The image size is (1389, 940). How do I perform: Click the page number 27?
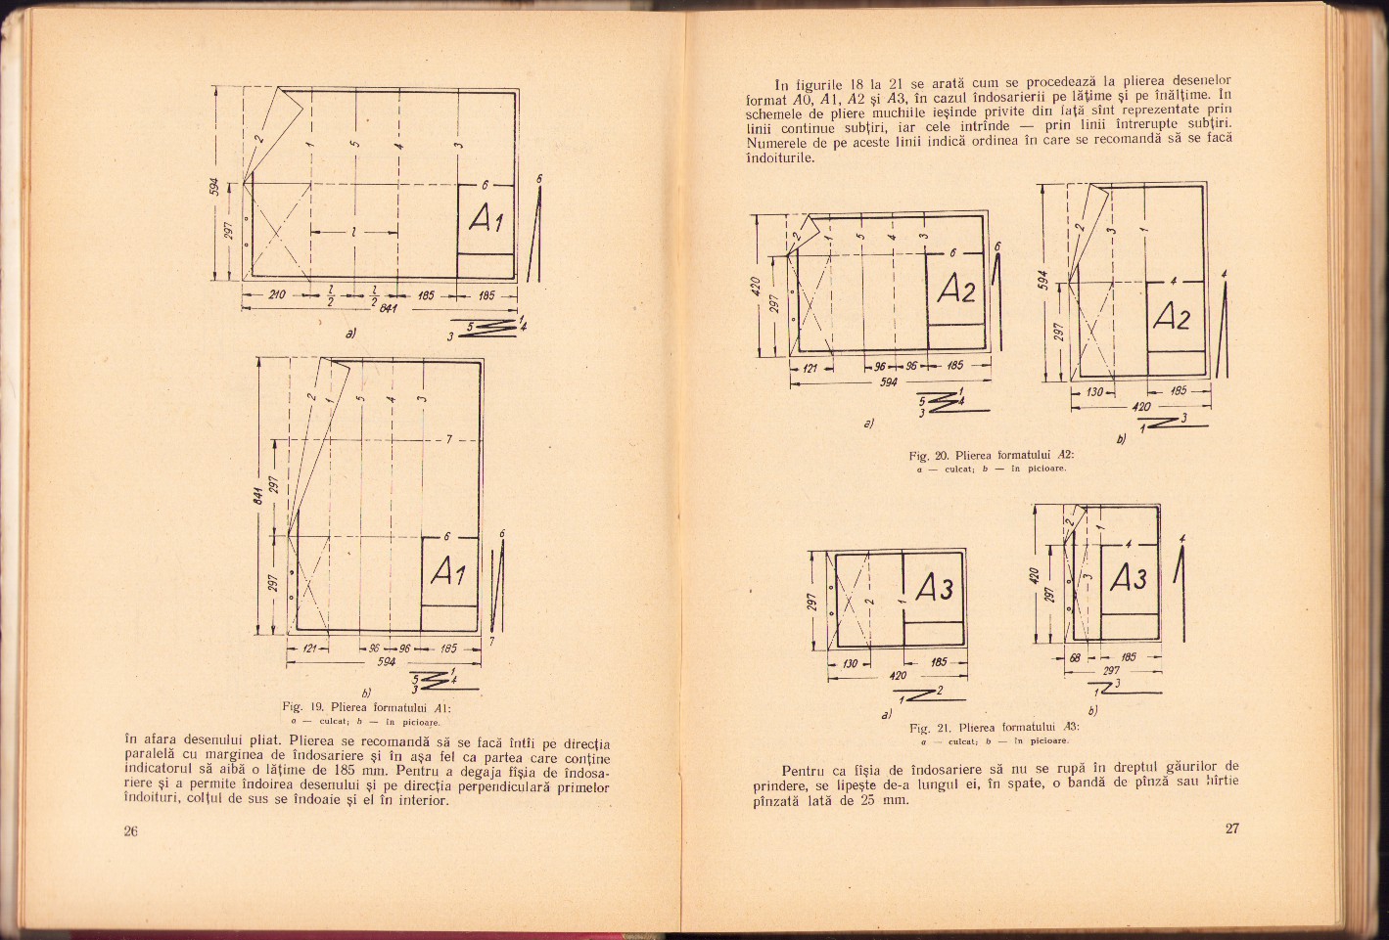pos(1231,828)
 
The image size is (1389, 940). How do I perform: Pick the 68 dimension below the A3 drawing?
pos(1074,657)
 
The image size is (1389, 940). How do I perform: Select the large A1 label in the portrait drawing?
pos(448,572)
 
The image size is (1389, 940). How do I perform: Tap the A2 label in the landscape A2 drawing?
pos(956,290)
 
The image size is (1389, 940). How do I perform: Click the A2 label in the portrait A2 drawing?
pos(1172,317)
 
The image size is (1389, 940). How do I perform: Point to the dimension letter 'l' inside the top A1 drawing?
pos(352,232)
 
